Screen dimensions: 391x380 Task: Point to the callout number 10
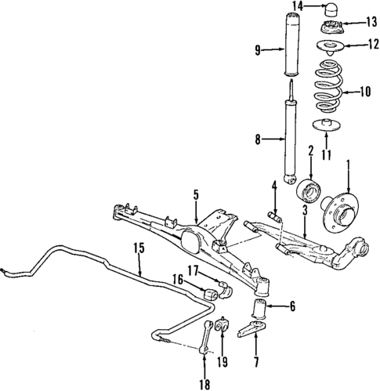click(364, 92)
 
